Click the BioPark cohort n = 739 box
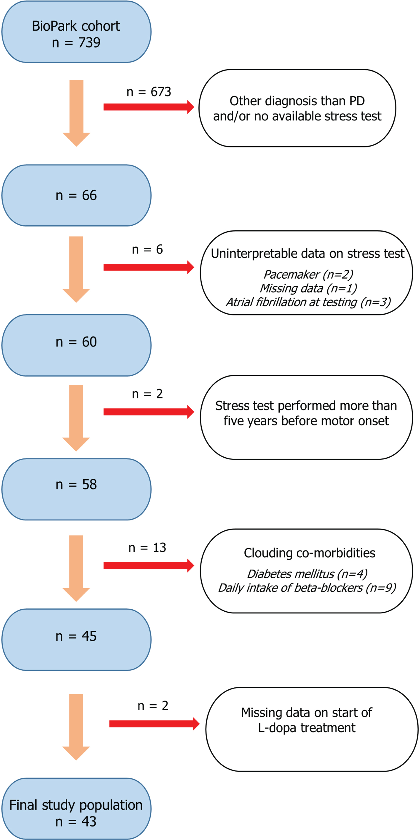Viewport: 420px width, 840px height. coord(76,32)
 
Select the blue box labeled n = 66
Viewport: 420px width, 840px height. coord(76,195)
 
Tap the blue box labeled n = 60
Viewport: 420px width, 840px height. coord(76,345)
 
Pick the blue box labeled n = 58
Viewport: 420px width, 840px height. coord(76,489)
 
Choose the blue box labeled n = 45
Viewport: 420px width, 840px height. coord(76,639)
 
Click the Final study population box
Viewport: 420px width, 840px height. coord(76,809)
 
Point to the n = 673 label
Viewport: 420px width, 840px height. coord(149,92)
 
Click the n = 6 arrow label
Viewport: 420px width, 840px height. coord(147,249)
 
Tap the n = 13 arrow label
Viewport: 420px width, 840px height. coord(147,548)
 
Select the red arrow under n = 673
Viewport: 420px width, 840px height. coord(149,107)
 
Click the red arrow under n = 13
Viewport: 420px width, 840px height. coord(149,565)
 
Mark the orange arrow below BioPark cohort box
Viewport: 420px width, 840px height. coord(76,113)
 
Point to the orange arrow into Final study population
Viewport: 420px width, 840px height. coord(76,727)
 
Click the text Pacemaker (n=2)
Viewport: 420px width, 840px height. coord(308,275)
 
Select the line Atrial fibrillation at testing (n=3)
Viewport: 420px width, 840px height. coord(308,302)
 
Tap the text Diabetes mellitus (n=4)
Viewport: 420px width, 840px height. coord(307,574)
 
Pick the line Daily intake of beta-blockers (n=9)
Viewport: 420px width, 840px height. coord(307,588)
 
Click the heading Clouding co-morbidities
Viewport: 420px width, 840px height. coord(310,553)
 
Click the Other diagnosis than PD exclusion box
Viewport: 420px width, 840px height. coord(298,108)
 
